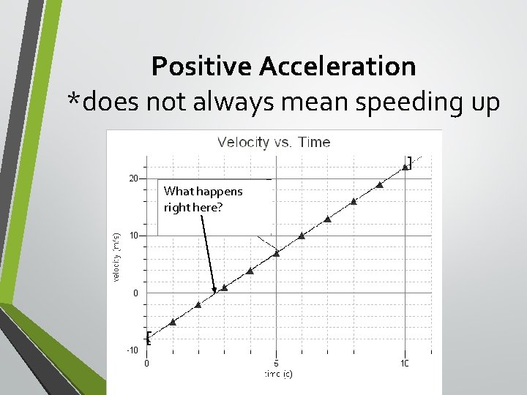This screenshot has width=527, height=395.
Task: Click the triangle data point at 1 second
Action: [173, 322]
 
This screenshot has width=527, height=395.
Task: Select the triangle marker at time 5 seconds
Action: [276, 253]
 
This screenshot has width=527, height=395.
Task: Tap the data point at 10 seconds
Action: [405, 167]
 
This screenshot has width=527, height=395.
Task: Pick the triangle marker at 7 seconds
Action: [327, 219]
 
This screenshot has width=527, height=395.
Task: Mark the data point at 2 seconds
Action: [198, 304]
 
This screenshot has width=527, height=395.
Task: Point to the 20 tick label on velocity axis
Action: [133, 178]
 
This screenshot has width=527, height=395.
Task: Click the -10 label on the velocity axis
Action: [132, 350]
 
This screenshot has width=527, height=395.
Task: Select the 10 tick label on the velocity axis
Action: [133, 236]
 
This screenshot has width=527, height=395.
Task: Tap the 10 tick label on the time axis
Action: [404, 363]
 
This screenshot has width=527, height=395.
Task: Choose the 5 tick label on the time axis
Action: [276, 363]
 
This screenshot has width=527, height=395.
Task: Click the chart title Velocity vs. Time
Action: [274, 142]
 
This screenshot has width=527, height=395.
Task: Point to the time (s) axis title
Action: [278, 375]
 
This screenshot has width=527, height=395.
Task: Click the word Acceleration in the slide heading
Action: [339, 67]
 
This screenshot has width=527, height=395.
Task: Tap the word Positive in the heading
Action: [202, 67]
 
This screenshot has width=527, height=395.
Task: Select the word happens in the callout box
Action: [219, 192]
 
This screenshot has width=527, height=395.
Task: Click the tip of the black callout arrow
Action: [214, 294]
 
